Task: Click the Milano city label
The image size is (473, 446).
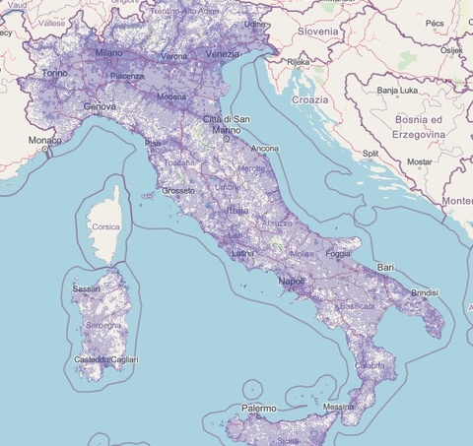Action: pyautogui.click(x=108, y=52)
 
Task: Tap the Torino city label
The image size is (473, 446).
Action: pyautogui.click(x=55, y=74)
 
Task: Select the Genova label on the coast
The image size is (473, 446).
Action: pyautogui.click(x=99, y=105)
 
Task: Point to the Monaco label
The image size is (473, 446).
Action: pyautogui.click(x=43, y=141)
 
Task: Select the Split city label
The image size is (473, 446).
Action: pyautogui.click(x=371, y=154)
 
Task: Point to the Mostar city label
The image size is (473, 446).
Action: pyautogui.click(x=421, y=160)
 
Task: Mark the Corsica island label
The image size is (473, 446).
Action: pyautogui.click(x=105, y=226)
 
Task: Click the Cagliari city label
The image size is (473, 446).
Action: pyautogui.click(x=124, y=360)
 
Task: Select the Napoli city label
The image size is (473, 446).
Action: pyautogui.click(x=292, y=281)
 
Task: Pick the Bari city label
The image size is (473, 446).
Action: pyautogui.click(x=386, y=268)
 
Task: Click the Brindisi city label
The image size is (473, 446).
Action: pyautogui.click(x=424, y=292)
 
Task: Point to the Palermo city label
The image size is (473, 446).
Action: pyautogui.click(x=256, y=408)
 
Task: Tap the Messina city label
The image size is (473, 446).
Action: pyautogui.click(x=338, y=408)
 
